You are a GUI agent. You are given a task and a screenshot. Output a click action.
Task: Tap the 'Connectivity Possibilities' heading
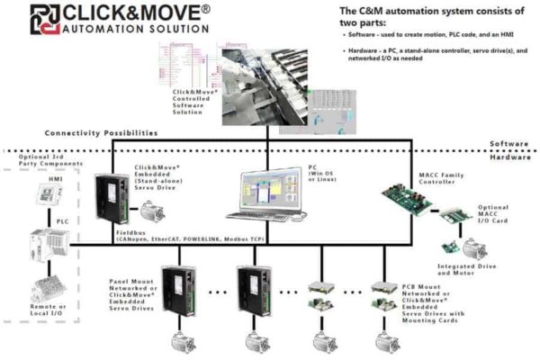101,132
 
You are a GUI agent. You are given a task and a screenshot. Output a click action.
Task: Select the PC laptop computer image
265,193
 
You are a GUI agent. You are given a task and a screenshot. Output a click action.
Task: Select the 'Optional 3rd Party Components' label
43,164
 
